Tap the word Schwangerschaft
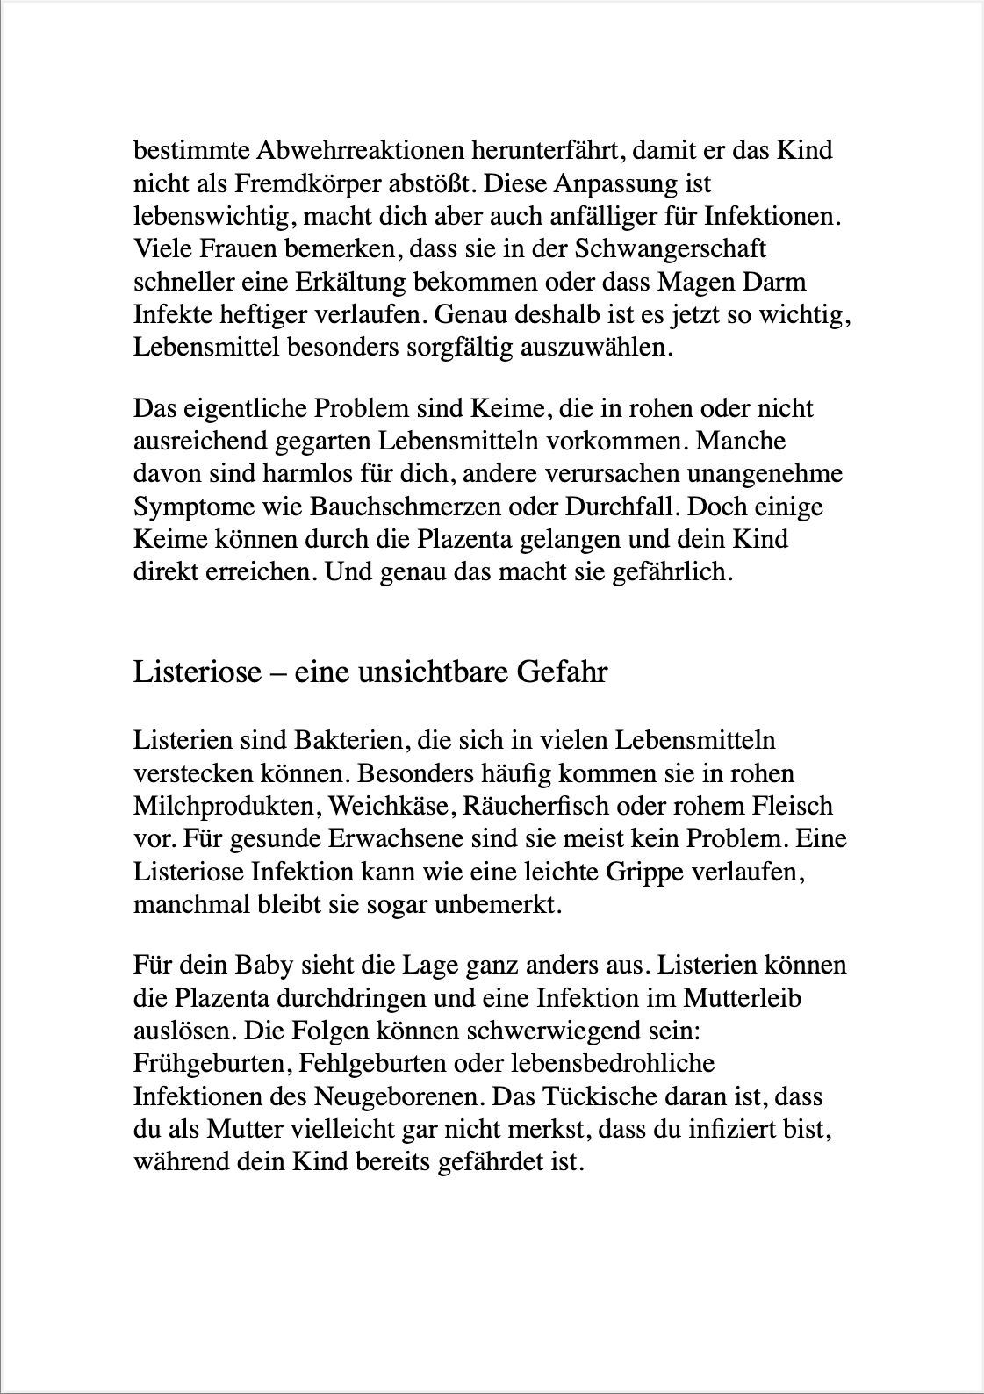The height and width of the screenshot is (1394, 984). coord(671,249)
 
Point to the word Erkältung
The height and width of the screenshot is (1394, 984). coord(345,282)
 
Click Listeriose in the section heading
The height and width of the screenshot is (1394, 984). coord(198,672)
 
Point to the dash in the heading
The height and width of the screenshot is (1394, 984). coord(277,673)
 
